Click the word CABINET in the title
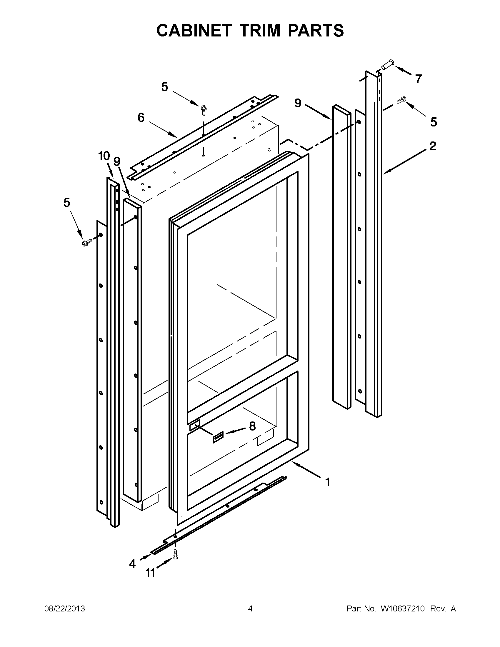[x=194, y=30]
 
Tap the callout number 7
[x=418, y=79]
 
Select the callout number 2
[x=433, y=146]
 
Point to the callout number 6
[x=141, y=118]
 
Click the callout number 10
[x=104, y=156]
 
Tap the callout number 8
[x=252, y=426]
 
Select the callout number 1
[x=327, y=482]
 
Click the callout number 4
[x=132, y=563]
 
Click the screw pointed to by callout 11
[x=175, y=554]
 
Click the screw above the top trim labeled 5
[x=204, y=110]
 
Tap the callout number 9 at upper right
[x=298, y=103]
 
